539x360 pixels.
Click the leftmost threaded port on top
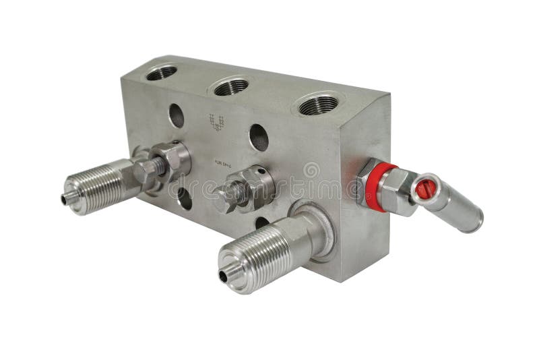point(162,72)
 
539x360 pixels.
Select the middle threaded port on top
point(232,87)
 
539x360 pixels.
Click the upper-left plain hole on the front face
point(176,115)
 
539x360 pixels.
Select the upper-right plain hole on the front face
point(259,138)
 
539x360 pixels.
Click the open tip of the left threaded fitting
point(67,199)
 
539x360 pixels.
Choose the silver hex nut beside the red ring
point(398,192)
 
